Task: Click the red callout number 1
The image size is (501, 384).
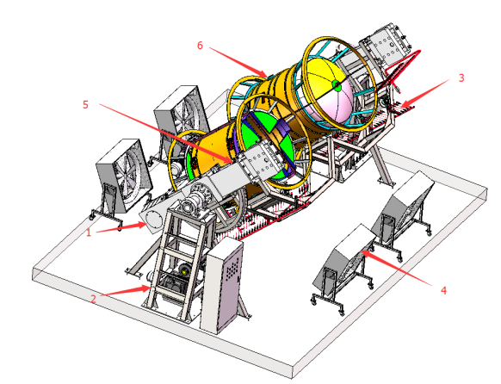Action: point(89,232)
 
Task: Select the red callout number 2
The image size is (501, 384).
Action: point(93,299)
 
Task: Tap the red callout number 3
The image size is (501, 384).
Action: point(461,77)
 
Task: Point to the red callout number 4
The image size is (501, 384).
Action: point(443,290)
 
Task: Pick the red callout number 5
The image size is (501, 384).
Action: point(85,104)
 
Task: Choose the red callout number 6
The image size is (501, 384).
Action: point(200,46)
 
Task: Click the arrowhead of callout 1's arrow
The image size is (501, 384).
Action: point(143,226)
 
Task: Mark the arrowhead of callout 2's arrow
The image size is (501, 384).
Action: point(145,288)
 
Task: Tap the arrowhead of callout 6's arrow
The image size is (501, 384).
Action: point(263,74)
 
